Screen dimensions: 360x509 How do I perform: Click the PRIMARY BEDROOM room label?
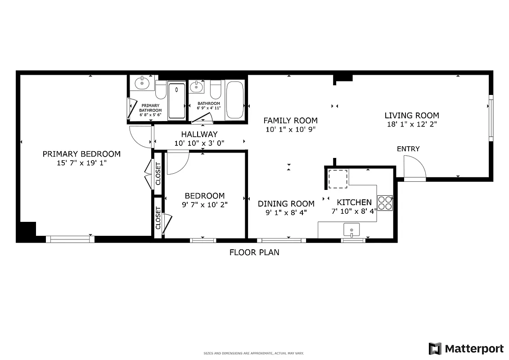[81, 154]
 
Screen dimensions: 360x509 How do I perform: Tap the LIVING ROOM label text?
[411, 115]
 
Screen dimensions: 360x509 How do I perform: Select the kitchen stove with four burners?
[385, 203]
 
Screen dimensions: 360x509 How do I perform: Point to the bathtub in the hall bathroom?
[234, 100]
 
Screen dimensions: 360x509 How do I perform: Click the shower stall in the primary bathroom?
[176, 100]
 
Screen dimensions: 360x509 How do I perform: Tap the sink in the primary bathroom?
[143, 83]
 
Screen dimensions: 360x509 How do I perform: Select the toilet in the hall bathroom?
[216, 90]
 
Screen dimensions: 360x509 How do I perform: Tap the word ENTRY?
[408, 149]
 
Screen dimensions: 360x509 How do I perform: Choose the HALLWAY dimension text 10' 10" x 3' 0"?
[199, 143]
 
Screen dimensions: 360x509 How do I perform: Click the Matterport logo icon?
[435, 349]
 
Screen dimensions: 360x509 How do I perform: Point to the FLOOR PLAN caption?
[254, 252]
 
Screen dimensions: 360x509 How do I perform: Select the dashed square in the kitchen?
[338, 179]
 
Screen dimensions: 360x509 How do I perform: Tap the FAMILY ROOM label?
[290, 121]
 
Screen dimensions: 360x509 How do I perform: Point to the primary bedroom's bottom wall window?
[70, 239]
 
